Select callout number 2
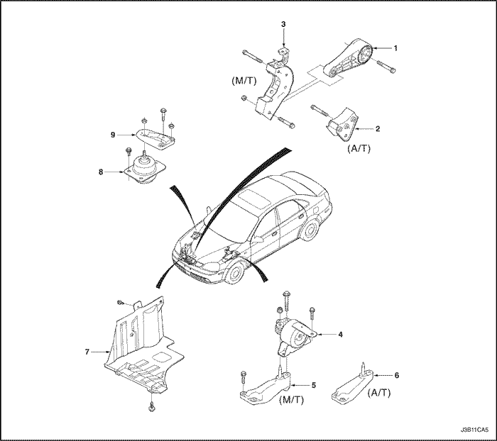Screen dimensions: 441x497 coord(378,128)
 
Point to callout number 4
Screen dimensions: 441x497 coord(341,334)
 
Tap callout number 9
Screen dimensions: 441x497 coord(112,134)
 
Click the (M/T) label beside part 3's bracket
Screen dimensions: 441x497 coord(243,82)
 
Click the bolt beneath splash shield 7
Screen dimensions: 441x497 coord(153,407)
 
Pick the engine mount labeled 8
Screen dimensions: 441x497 coord(144,172)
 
